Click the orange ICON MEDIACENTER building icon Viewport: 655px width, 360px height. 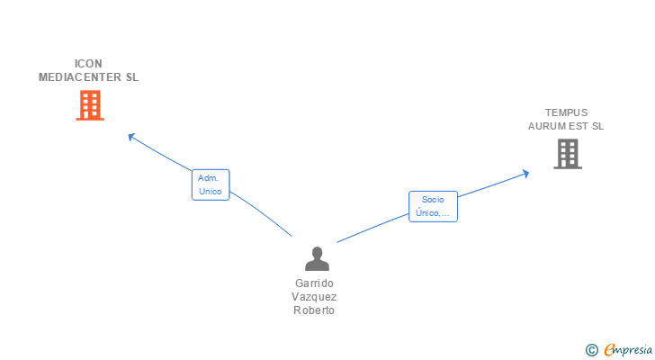coord(89,105)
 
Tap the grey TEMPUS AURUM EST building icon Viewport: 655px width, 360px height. coord(567,154)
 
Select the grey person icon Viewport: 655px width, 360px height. coord(317,259)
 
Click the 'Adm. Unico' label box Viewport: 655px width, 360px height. coord(210,184)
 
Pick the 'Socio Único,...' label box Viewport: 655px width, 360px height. coord(433,206)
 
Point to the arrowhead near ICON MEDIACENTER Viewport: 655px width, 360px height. coord(131,137)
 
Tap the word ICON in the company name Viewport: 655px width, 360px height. coord(88,64)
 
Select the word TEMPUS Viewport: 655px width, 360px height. coord(566,113)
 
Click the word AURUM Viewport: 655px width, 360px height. coord(545,126)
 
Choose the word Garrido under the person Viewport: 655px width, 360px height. coord(314,283)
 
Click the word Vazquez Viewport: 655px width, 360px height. coord(314,297)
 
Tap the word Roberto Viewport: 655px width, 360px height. coord(314,310)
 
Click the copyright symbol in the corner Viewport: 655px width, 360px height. coord(591,350)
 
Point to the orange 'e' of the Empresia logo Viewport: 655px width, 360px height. coord(609,350)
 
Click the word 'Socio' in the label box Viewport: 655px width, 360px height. coord(433,200)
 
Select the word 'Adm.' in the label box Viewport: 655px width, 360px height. coord(210,178)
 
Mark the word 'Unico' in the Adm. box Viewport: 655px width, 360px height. coord(210,191)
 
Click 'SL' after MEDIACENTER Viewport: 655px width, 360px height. coord(132,77)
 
